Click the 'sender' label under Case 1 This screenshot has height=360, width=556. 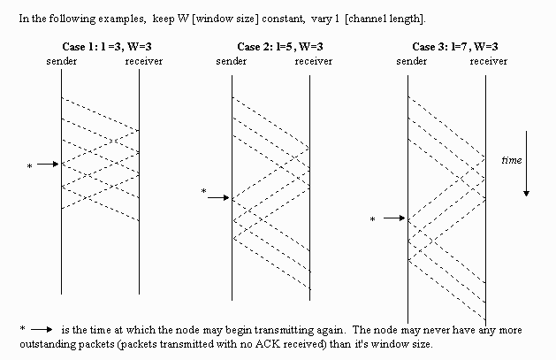(x=61, y=60)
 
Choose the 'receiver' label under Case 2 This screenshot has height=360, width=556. (x=313, y=60)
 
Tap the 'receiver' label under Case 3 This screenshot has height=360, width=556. (x=489, y=60)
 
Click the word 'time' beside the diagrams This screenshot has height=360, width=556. (x=511, y=161)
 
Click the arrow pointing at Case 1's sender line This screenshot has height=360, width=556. (x=48, y=165)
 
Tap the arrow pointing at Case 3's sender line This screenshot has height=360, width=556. (x=394, y=218)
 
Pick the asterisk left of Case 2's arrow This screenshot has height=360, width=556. (x=203, y=192)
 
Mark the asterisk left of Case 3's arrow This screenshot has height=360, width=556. (x=372, y=219)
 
